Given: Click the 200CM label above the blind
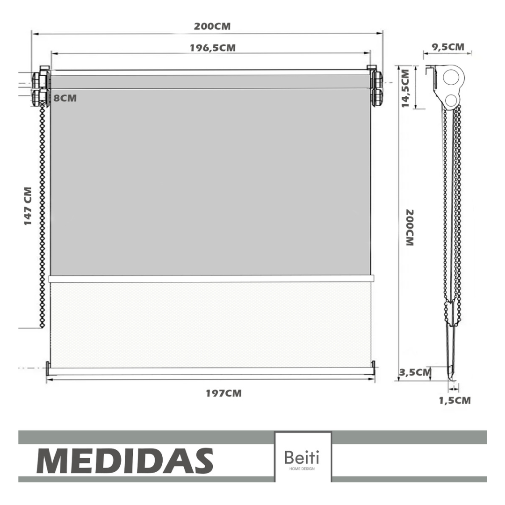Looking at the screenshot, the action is tap(212, 26).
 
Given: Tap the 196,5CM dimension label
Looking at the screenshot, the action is tap(213, 48).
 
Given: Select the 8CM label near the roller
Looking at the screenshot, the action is tap(65, 98).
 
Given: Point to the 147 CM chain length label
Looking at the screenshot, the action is tap(28, 206).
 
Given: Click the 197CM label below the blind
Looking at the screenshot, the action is tap(224, 393).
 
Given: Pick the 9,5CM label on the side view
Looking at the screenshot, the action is tap(448, 47).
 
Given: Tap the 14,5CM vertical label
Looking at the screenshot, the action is tap(405, 88).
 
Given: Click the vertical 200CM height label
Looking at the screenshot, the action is tap(409, 228).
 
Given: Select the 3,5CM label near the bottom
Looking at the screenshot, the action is tap(416, 373).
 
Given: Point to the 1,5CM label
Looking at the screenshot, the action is tap(455, 401).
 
